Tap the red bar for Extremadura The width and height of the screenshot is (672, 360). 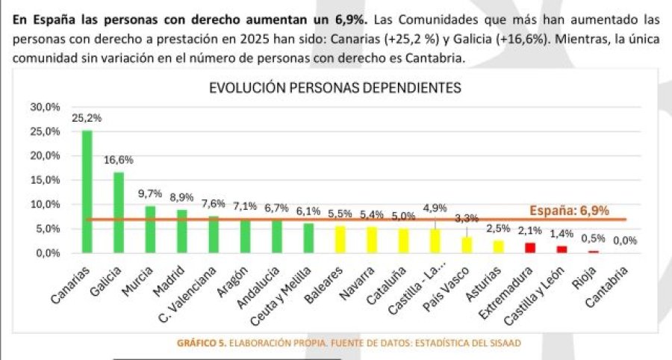coord(530,247)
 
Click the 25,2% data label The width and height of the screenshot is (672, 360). coord(87,118)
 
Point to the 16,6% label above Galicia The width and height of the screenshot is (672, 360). coord(119,160)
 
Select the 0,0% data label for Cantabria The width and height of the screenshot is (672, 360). coord(624,240)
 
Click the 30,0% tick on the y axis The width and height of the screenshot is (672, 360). coord(44,107)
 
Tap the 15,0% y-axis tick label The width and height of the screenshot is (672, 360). coord(44,180)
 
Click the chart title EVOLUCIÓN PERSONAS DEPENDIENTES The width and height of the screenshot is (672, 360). coord(335,87)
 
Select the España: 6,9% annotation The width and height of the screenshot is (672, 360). coord(569,210)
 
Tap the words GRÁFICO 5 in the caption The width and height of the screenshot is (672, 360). coord(201,343)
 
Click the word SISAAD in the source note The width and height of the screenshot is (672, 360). coord(504,343)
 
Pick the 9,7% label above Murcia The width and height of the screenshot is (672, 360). coord(150,193)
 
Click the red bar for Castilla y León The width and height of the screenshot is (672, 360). coord(561,249)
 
